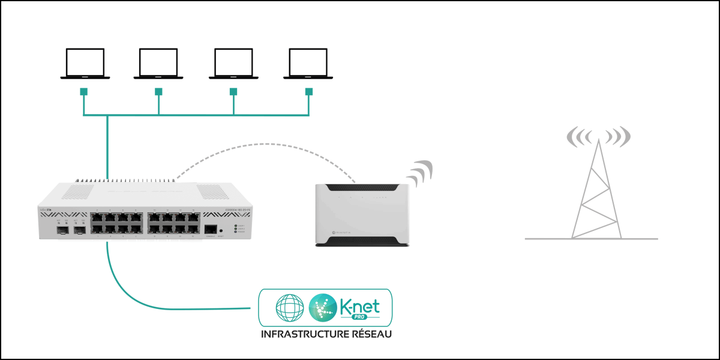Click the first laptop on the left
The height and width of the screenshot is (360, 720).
click(85, 63)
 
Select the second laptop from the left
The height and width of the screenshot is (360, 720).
click(159, 63)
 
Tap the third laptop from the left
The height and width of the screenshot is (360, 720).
click(233, 63)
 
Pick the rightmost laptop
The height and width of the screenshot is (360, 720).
click(308, 63)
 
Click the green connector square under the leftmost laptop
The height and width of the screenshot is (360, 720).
click(84, 92)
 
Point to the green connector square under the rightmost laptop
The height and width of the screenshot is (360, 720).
click(309, 92)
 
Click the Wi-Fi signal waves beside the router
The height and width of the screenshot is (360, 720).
click(420, 172)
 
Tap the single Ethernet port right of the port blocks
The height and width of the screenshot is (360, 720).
click(211, 229)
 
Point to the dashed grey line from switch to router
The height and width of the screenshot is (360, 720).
click(264, 145)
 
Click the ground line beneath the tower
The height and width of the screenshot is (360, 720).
click(591, 239)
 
